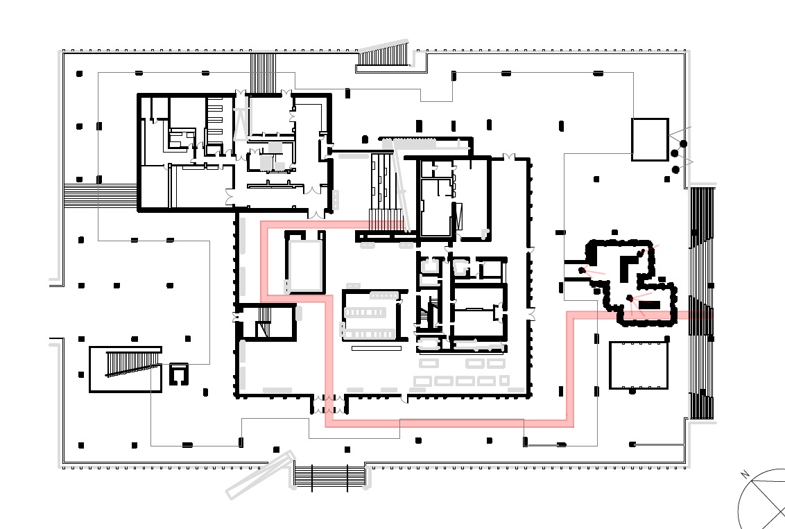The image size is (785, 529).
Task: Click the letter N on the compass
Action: [x=745, y=474]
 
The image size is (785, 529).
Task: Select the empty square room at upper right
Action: [x=650, y=139]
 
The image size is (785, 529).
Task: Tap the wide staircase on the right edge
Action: [x=702, y=303]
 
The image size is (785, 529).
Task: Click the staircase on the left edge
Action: [x=100, y=196]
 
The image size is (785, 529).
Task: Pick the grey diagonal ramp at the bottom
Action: [x=260, y=474]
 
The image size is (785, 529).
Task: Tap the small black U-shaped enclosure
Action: [x=178, y=374]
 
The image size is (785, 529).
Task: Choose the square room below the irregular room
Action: [x=639, y=365]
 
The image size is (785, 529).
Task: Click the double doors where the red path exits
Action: [x=329, y=404]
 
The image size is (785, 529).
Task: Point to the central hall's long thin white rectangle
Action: [x=377, y=348]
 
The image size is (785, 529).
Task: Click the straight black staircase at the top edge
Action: [x=263, y=73]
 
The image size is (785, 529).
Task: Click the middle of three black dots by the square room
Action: [x=674, y=153]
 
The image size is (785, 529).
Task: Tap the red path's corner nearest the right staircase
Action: [x=570, y=315]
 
